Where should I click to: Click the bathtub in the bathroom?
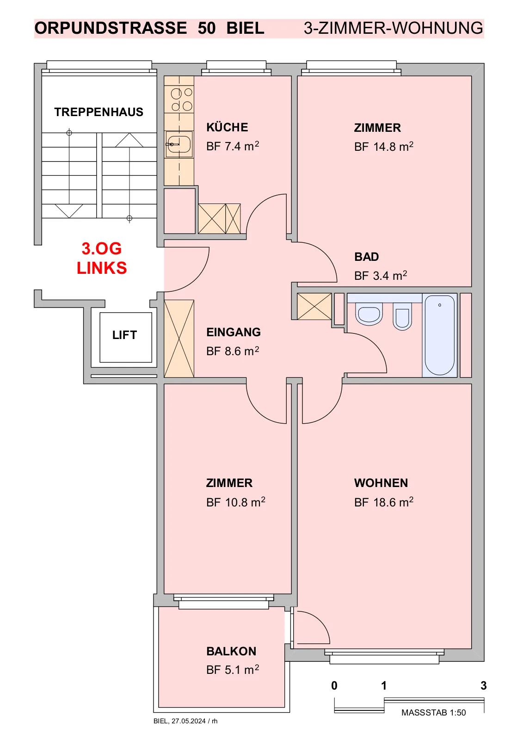tap(439, 335)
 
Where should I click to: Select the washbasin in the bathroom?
tap(369, 315)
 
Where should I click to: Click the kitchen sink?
tap(179, 144)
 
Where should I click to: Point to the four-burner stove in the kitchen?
tap(179, 99)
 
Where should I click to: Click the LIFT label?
tap(124, 335)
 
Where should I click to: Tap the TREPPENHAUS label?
tap(99, 112)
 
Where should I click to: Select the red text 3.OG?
tap(102, 248)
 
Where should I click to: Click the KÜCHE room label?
tap(228, 127)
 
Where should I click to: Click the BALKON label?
tap(231, 652)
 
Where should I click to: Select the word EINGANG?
tap(234, 332)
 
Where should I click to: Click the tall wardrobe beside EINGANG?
tap(179, 338)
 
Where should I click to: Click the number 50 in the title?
tap(207, 28)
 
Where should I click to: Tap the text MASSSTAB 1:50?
tap(433, 713)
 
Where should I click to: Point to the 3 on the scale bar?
tap(483, 685)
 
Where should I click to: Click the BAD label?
tap(366, 257)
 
